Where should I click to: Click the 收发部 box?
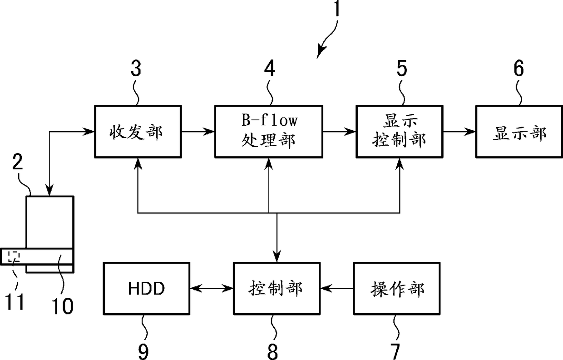coord(138,132)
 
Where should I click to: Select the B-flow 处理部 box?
coord(269,132)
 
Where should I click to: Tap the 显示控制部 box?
coord(400,132)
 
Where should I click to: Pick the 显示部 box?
coord(519,132)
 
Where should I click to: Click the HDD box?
coord(147,288)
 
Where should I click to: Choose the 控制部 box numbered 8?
coord(277,288)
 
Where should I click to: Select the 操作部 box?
coord(397,288)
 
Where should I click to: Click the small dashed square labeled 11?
coord(14,256)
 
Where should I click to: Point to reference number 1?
coord(337,8)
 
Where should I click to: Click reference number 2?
coord(18,162)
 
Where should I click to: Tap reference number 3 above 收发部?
coord(136,68)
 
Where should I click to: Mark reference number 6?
coord(519,68)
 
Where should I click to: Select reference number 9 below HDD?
coord(143,352)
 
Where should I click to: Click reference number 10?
coord(62,306)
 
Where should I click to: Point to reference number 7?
coord(395,352)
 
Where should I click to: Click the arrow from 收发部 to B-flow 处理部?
coord(198,131)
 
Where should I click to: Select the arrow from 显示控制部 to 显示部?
coord(459,131)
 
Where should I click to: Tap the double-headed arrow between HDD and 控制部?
coord(212,288)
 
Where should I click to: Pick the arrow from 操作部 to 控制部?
coord(337,288)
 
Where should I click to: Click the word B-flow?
coord(269,120)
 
